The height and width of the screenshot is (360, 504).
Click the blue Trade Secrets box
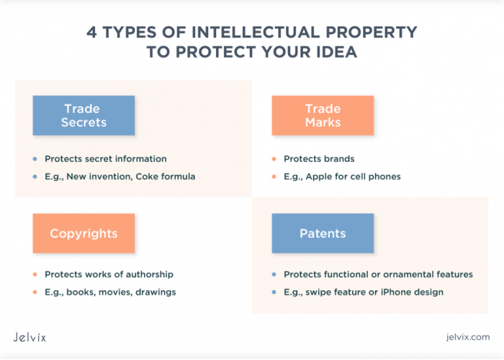[x=83, y=115]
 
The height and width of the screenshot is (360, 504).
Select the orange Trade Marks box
[x=323, y=115]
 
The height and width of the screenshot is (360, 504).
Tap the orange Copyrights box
[x=83, y=233]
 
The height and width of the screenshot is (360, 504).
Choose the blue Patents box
[x=323, y=233]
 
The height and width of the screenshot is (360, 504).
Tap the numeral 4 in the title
[x=91, y=33]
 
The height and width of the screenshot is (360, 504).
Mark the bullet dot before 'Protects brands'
[x=274, y=159]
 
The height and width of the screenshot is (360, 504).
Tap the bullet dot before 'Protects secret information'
[x=35, y=159]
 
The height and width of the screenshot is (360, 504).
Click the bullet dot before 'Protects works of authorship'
[x=35, y=274]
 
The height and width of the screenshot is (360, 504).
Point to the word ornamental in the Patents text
[x=408, y=274]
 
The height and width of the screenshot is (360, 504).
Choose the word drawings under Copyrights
[x=156, y=292]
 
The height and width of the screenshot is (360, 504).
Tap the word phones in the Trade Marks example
[x=384, y=176]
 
